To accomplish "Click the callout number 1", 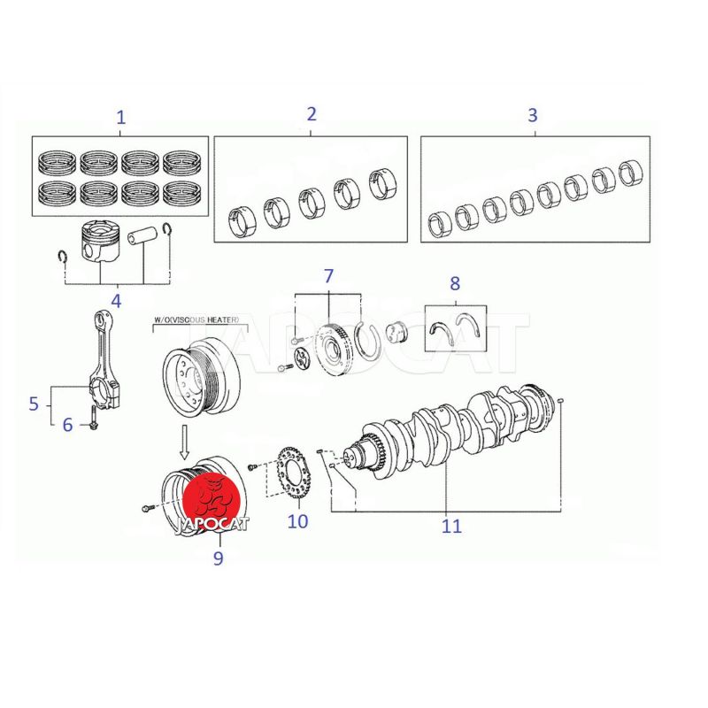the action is (x=120, y=118).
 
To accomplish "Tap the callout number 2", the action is (x=312, y=114).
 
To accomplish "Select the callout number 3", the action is (x=533, y=115).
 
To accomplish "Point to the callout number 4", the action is (x=117, y=301).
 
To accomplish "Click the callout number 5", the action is (x=34, y=404).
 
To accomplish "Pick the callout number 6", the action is (x=67, y=425).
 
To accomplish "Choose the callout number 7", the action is (x=328, y=276).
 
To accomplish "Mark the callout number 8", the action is (x=455, y=283).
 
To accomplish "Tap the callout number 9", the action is (x=218, y=558).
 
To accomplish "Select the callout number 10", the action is (x=297, y=521).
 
